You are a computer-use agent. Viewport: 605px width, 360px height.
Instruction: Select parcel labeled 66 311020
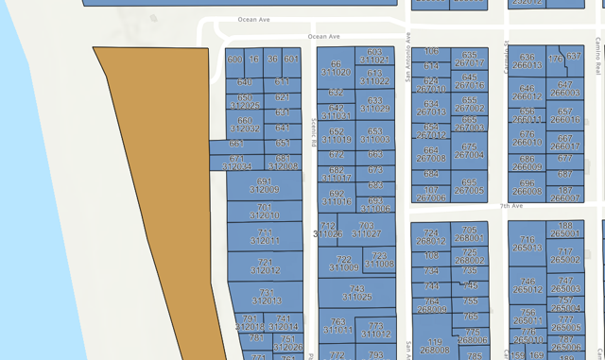tap(336, 68)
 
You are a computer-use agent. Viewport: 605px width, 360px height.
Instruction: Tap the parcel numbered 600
tap(234, 60)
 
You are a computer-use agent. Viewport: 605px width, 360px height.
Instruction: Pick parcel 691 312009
tap(264, 185)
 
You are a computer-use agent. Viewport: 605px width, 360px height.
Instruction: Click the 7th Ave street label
tap(511, 205)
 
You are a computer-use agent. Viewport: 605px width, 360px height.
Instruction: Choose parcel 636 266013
tap(527, 62)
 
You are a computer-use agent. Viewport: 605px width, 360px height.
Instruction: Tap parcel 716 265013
tap(527, 245)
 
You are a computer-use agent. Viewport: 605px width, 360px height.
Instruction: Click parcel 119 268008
tap(433, 346)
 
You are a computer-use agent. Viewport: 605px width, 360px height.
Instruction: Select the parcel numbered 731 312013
tap(265, 297)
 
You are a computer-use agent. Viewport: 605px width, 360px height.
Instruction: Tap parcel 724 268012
tap(432, 236)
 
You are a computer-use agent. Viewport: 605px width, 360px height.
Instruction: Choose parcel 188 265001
tap(565, 230)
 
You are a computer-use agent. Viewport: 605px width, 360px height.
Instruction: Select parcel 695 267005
tap(469, 186)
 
